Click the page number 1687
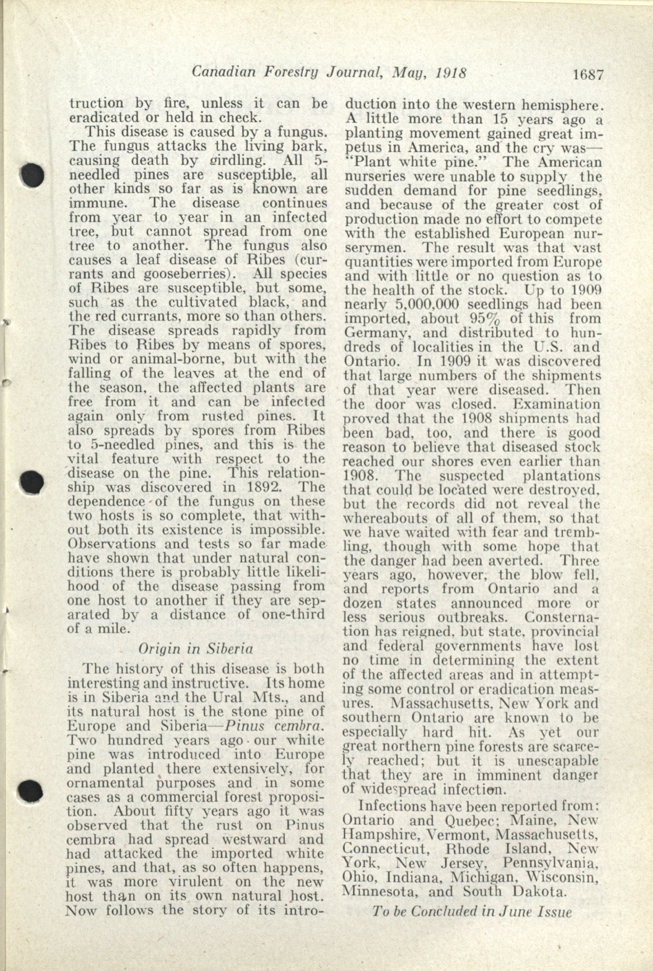(588, 75)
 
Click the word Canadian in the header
(223, 72)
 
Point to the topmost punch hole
(32, 175)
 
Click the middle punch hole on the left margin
(32, 481)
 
